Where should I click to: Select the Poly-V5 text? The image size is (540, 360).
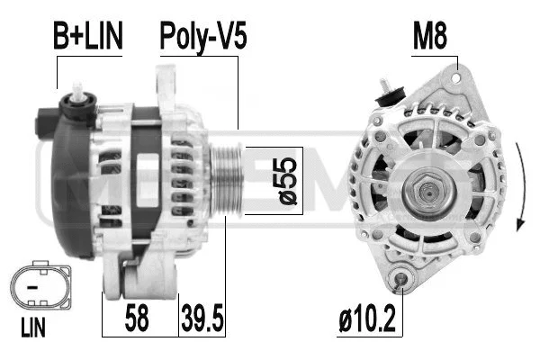coord(202,36)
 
